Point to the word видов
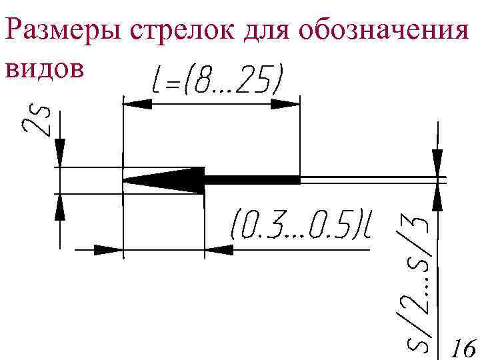point(45,69)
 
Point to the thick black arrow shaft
point(252,179)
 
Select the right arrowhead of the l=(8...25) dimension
point(286,103)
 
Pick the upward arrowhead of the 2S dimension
point(60,207)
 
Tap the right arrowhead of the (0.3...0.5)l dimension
point(219,250)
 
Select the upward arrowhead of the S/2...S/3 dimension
point(437,197)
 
